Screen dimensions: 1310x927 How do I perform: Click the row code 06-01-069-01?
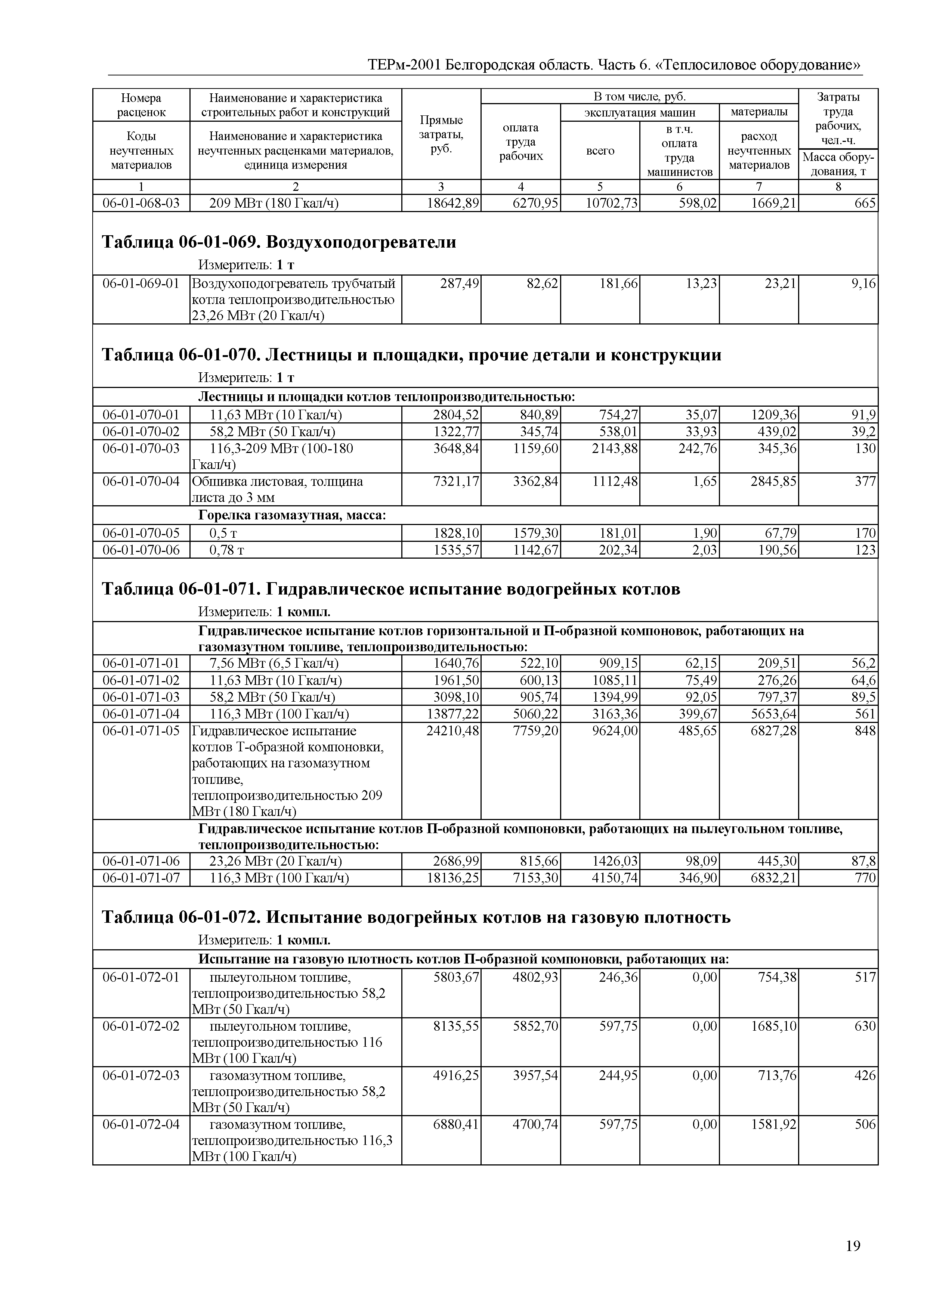coord(141,283)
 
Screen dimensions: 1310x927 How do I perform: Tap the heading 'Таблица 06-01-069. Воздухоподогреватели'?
coord(279,242)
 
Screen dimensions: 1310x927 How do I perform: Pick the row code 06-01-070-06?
coord(141,550)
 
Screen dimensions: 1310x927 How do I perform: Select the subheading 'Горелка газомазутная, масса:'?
coord(292,515)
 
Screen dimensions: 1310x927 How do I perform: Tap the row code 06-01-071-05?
coord(141,731)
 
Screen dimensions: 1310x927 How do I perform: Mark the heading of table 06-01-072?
coord(415,918)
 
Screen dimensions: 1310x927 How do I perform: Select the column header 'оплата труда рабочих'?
coord(520,142)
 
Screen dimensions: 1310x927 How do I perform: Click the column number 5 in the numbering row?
coord(600,187)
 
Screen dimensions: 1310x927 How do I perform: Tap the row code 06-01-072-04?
coord(141,1124)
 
